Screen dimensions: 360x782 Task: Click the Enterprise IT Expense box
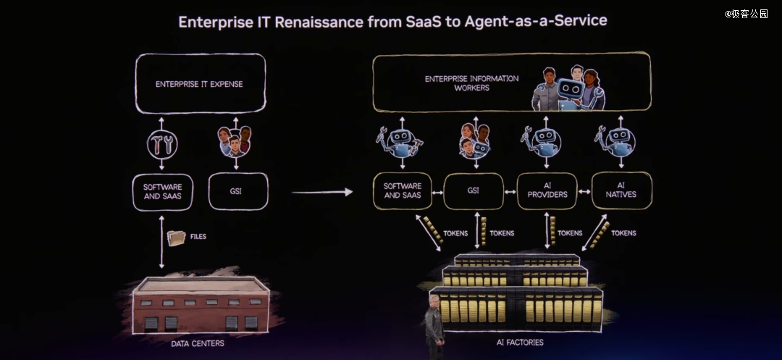[199, 83]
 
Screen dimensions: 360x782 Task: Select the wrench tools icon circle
[162, 145]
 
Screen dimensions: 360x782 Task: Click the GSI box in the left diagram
[238, 191]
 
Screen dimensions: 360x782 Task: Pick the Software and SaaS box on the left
[162, 191]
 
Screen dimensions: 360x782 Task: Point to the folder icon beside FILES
[176, 238]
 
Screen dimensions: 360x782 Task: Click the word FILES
[198, 237]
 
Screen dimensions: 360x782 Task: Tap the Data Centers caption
[197, 343]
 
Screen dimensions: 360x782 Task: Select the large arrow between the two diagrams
[321, 192]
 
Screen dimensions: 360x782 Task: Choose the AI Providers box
[547, 191]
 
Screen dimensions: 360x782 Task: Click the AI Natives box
[621, 191]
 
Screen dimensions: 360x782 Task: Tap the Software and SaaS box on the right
[403, 191]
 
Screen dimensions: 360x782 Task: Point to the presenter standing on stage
[434, 326]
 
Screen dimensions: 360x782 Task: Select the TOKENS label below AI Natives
[623, 233]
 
